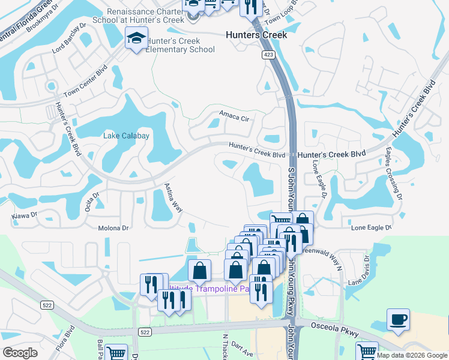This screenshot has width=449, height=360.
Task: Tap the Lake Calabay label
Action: (126, 136)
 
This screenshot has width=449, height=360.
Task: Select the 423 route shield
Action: (268, 55)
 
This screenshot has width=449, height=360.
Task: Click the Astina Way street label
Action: (173, 197)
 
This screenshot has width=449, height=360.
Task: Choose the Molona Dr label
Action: (113, 228)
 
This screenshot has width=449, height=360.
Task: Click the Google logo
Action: (20, 353)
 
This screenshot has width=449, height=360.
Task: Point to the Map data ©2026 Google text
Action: (412, 355)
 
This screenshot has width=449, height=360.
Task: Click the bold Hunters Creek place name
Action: (256, 35)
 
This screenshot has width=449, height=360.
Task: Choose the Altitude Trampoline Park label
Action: (210, 289)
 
